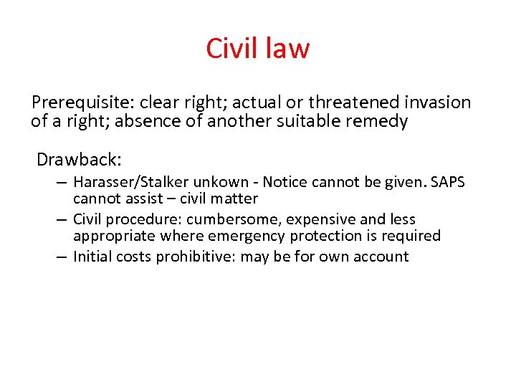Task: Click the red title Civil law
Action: click(258, 49)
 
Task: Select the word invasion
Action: click(437, 103)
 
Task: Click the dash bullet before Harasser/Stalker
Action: click(63, 183)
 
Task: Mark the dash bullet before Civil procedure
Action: click(63, 219)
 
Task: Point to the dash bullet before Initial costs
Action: click(63, 257)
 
